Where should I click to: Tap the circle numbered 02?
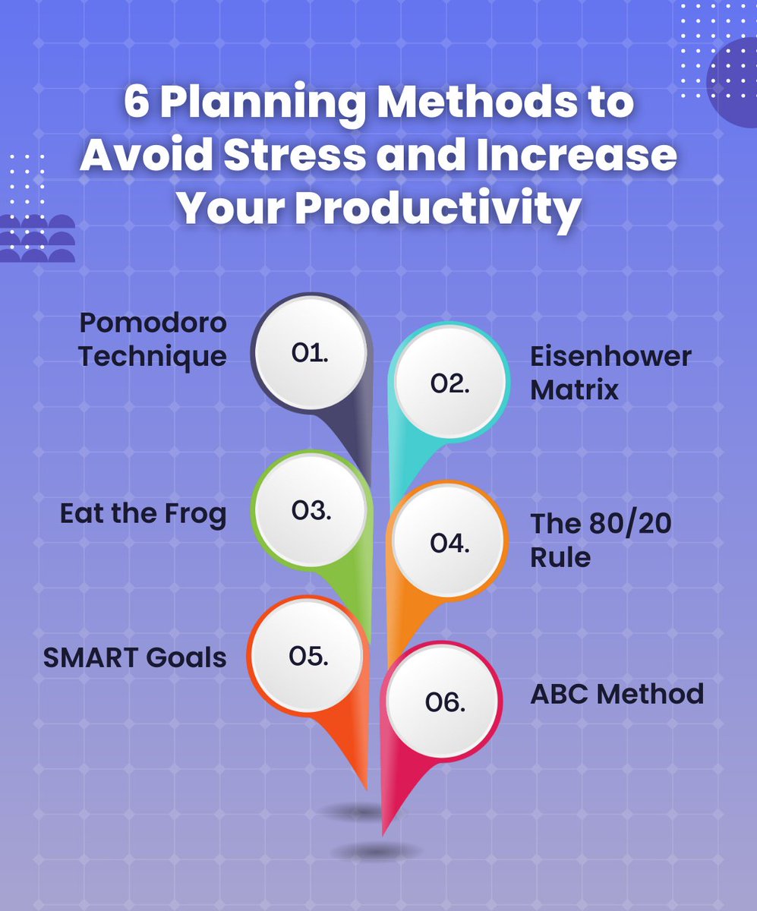point(449,385)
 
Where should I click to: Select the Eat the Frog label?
point(144,514)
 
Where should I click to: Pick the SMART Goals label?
point(135,657)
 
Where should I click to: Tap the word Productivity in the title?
point(437,207)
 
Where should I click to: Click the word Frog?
point(195,514)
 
